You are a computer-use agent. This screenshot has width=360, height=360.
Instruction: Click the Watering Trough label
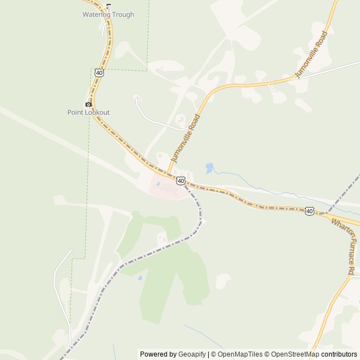coord(109,15)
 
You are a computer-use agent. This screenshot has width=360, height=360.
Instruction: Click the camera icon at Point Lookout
coord(88,105)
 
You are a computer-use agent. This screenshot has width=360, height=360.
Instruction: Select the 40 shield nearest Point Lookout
coord(99,73)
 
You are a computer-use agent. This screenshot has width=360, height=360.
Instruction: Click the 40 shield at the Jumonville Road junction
coord(180,180)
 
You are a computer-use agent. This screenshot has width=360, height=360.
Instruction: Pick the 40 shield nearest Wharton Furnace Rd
coord(309,211)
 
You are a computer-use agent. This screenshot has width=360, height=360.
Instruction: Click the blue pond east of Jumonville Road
coord(209,168)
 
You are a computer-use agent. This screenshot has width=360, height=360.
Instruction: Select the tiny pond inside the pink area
coord(159,183)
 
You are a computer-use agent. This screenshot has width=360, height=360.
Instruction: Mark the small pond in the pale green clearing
coord(139,277)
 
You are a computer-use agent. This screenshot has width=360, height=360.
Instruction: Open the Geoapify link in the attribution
coord(192,354)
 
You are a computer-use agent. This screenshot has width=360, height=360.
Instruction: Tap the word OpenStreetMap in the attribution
coord(295,354)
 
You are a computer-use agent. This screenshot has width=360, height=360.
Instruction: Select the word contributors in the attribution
coord(340,354)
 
